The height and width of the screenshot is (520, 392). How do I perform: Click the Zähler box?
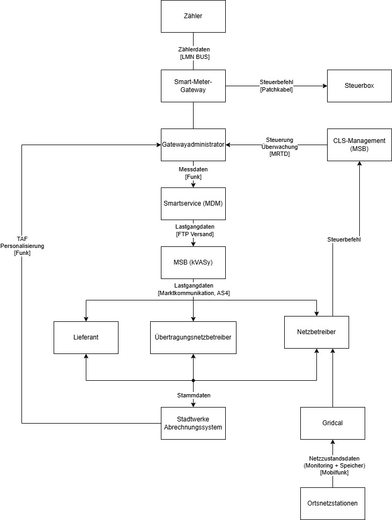coord(193,16)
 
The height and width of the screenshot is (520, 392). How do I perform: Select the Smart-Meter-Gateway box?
coord(193,86)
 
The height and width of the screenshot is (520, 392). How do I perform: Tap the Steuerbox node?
coord(359,86)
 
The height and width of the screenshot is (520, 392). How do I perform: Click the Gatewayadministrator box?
coord(193,145)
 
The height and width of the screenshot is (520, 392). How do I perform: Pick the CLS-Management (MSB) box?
coord(359,145)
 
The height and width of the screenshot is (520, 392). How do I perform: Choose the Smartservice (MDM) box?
coord(193,204)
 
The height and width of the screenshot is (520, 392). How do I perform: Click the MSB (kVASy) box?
coord(193,262)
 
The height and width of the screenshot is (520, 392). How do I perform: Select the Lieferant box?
coord(86,337)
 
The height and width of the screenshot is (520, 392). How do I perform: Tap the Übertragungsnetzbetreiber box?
coord(193,337)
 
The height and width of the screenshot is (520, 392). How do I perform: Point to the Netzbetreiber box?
coord(316,332)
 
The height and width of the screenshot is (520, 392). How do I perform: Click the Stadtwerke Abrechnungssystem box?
coord(193,423)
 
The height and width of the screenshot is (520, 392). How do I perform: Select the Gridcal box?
coord(332,423)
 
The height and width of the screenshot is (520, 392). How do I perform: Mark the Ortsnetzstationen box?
coord(332,503)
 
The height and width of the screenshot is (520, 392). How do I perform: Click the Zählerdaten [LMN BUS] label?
coord(194,52)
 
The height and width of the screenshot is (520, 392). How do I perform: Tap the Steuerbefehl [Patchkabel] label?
coord(276,86)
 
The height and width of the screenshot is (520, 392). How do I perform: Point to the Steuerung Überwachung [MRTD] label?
coord(279,147)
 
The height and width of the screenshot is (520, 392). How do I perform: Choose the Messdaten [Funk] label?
coord(193,173)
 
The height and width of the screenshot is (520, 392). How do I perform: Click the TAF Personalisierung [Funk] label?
coord(22,246)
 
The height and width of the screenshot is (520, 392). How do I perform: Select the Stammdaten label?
coord(194,395)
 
